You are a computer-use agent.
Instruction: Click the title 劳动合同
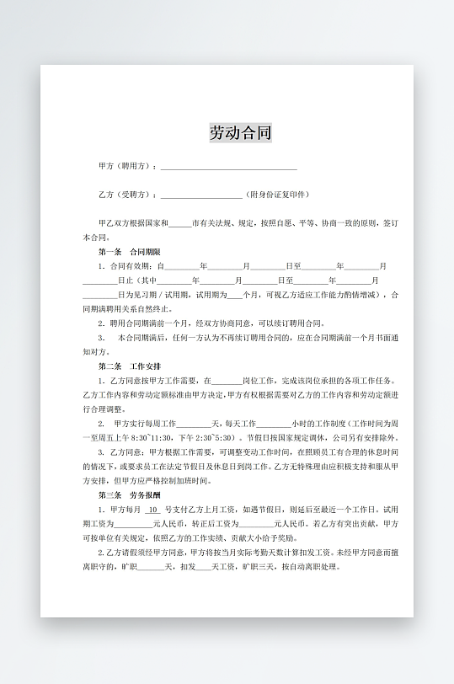(x=241, y=133)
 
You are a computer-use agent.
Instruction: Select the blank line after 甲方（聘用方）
(x=228, y=168)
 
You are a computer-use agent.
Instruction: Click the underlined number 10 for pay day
(x=153, y=510)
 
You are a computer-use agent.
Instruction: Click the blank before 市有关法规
(x=180, y=224)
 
